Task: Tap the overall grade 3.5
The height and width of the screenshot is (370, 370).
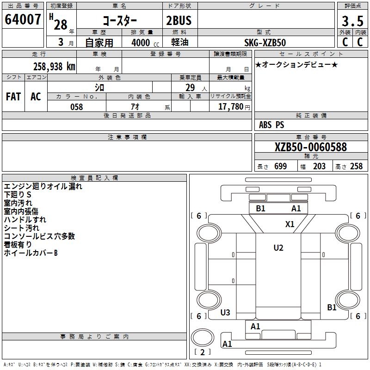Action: [x=352, y=21]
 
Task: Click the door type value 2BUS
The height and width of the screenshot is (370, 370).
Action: [x=179, y=21]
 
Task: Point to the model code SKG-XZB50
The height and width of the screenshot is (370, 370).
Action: [x=265, y=43]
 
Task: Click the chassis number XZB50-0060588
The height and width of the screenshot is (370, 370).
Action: [x=310, y=147]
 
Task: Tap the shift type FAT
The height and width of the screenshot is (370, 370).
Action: [x=13, y=97]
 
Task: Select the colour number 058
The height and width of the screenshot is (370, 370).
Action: [x=76, y=107]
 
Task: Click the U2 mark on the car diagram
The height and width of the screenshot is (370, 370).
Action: [x=278, y=247]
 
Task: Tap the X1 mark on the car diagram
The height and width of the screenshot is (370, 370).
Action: [x=290, y=224]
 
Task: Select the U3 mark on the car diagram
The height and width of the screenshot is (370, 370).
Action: [x=225, y=312]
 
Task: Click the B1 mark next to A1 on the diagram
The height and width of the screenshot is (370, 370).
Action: [x=261, y=208]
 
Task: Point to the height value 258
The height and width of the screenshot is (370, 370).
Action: [x=356, y=166]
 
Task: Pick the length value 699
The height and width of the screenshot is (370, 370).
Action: [x=280, y=166]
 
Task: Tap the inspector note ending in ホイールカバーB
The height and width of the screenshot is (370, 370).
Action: [x=31, y=253]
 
